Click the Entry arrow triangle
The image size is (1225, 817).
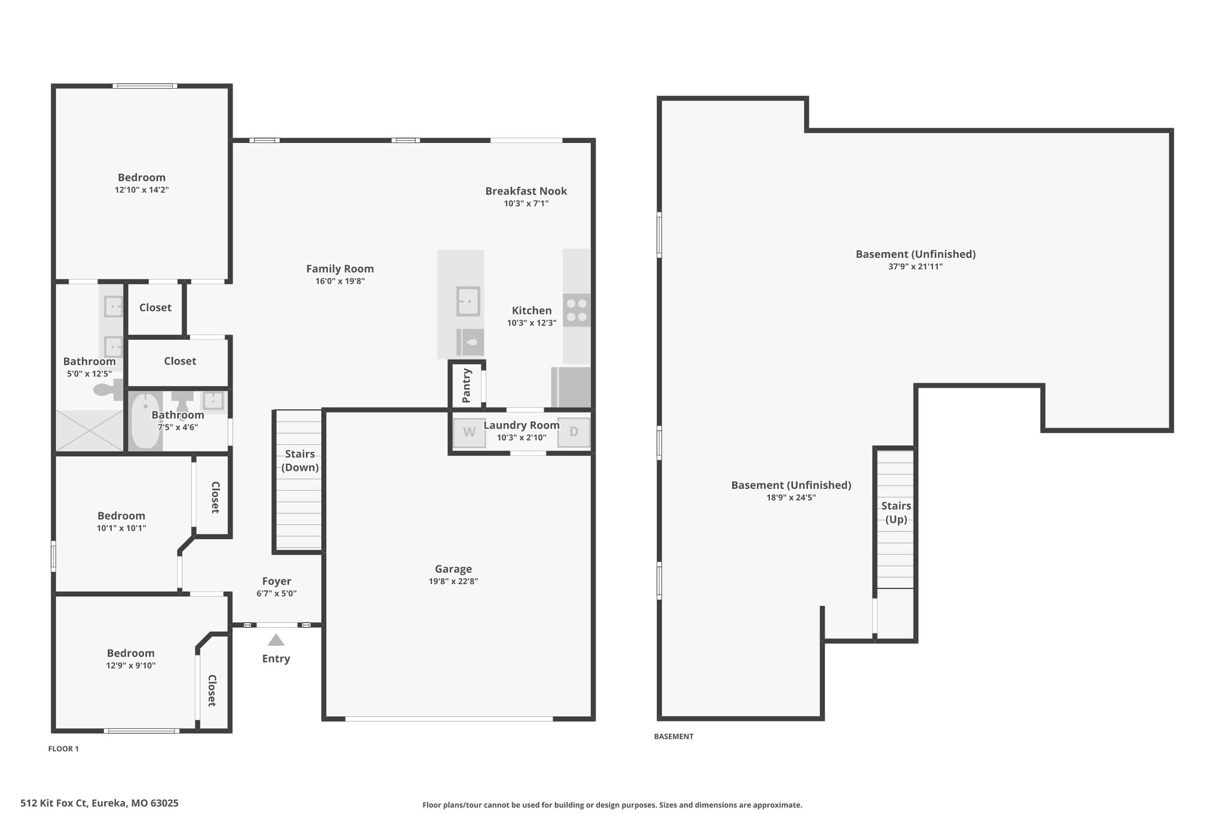(276, 640)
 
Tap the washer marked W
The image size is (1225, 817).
(470, 432)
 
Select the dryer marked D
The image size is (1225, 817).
(574, 432)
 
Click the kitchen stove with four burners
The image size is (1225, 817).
(577, 310)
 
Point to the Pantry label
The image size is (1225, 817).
(467, 386)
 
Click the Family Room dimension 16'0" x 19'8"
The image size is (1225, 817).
(340, 281)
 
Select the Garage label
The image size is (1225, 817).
(453, 569)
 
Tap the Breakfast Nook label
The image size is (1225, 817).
(526, 191)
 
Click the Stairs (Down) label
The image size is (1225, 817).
(300, 460)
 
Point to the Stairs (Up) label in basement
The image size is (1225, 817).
(896, 512)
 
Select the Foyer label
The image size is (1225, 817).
(276, 581)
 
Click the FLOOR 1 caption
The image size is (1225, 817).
(63, 749)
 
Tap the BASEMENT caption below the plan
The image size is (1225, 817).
(674, 737)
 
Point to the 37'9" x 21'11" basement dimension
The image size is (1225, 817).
(915, 267)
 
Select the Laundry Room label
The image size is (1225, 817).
(522, 426)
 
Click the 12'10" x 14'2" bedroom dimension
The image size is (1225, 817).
(142, 190)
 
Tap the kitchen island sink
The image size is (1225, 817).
(468, 301)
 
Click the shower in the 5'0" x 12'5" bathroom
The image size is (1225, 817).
(89, 430)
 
